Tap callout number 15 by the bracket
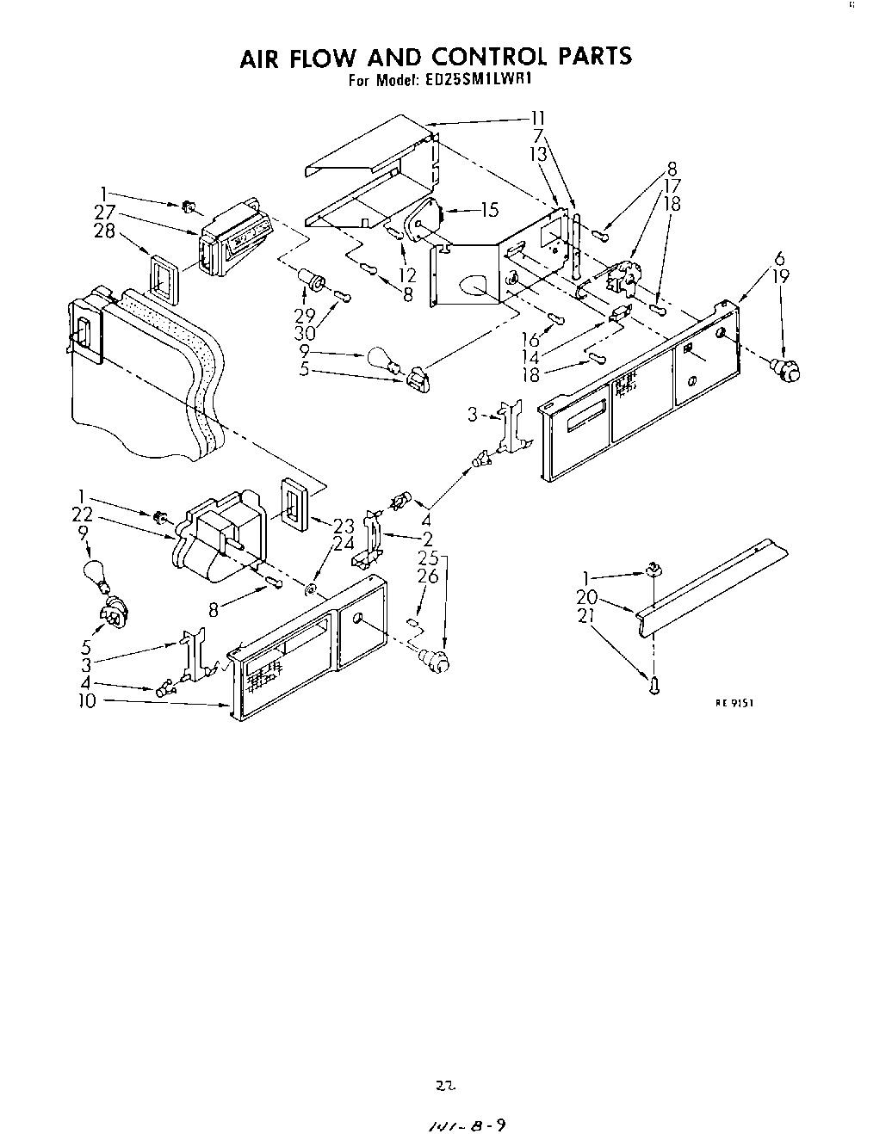point(489,208)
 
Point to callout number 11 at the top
point(538,118)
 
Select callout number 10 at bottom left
point(85,700)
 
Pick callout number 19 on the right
point(781,277)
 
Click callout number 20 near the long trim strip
point(587,595)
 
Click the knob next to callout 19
point(788,370)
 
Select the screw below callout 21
point(654,686)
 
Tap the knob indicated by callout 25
point(434,661)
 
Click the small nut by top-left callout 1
point(188,206)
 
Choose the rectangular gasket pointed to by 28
point(164,280)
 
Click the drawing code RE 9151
point(734,702)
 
